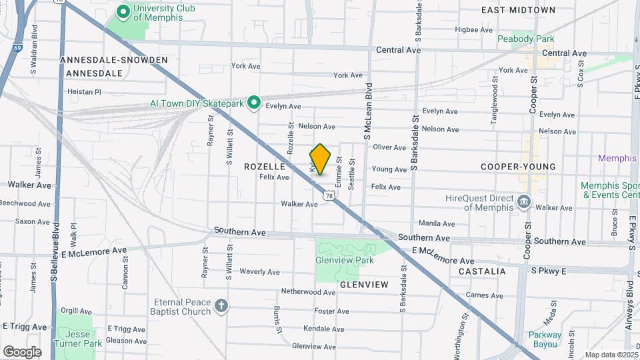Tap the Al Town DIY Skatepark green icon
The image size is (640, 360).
(254, 103)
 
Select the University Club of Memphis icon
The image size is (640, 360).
(123, 12)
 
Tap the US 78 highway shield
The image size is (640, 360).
(329, 194)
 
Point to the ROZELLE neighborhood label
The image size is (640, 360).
(265, 166)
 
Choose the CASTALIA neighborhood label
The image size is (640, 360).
(482, 271)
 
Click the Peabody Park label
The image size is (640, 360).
(525, 39)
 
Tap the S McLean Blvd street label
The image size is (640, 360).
(367, 112)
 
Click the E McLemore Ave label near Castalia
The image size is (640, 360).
(443, 255)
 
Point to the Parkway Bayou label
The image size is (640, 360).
(545, 339)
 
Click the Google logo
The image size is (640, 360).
(22, 351)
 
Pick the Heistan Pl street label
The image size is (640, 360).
(84, 92)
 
